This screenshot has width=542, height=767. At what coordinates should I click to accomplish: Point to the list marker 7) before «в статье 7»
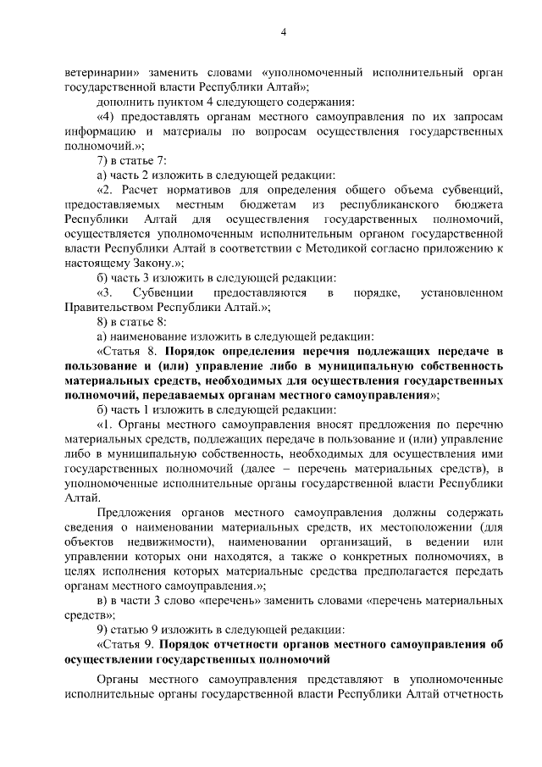104,160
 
